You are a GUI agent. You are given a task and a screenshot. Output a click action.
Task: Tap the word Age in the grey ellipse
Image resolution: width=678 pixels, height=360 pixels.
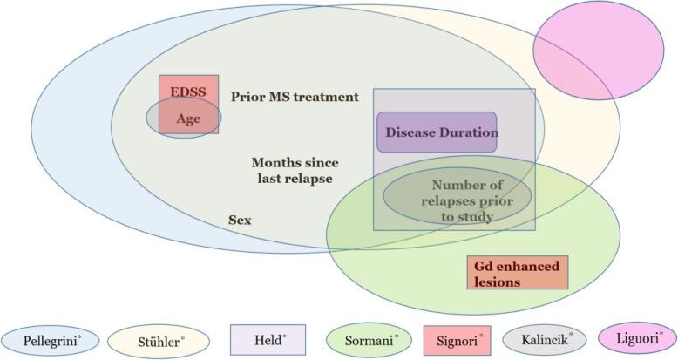coord(188,119)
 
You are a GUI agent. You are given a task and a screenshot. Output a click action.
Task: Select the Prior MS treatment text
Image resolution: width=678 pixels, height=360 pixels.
coord(295,97)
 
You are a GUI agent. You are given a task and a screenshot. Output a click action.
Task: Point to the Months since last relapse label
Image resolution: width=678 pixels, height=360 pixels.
coord(295,170)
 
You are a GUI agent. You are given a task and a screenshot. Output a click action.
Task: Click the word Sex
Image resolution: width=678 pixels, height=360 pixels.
coord(240,220)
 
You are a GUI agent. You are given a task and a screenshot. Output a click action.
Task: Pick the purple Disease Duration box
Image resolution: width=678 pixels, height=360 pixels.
coord(437,132)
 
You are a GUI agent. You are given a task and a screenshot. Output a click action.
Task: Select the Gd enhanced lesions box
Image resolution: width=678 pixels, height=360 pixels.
coord(518,273)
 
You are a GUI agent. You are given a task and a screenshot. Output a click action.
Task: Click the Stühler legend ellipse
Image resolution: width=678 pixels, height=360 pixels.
coord(158,339)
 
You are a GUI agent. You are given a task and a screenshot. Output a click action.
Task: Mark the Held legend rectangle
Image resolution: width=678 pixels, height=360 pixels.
coord(268,338)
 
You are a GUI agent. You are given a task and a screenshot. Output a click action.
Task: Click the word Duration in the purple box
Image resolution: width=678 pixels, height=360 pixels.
coord(468,133)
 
